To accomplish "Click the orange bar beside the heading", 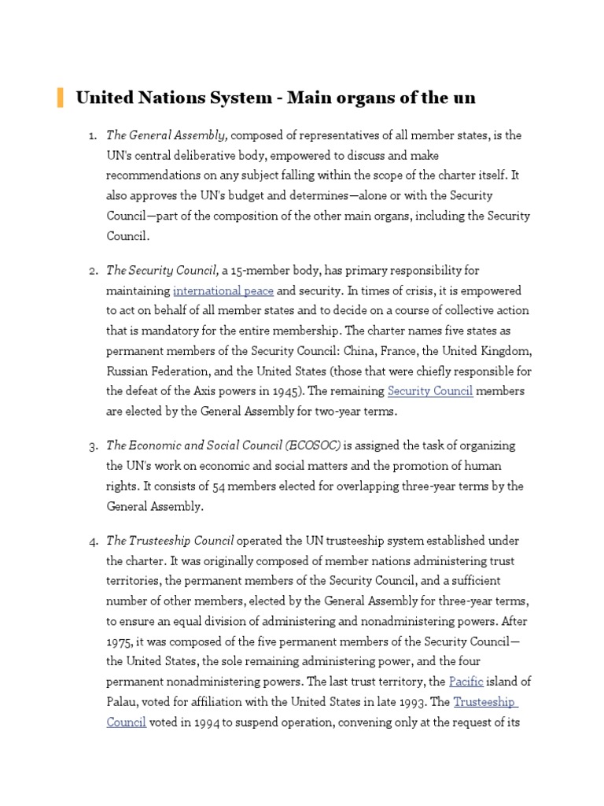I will [x=60, y=98].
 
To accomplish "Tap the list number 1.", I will [x=93, y=136].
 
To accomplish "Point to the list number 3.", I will [x=93, y=446].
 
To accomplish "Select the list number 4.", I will [x=93, y=541].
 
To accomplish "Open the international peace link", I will [x=223, y=291].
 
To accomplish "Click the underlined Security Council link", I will [x=430, y=391].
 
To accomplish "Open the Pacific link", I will [x=466, y=681].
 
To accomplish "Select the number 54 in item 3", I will [x=220, y=486].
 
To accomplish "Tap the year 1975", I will [x=120, y=641].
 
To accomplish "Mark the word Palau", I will [x=123, y=701].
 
